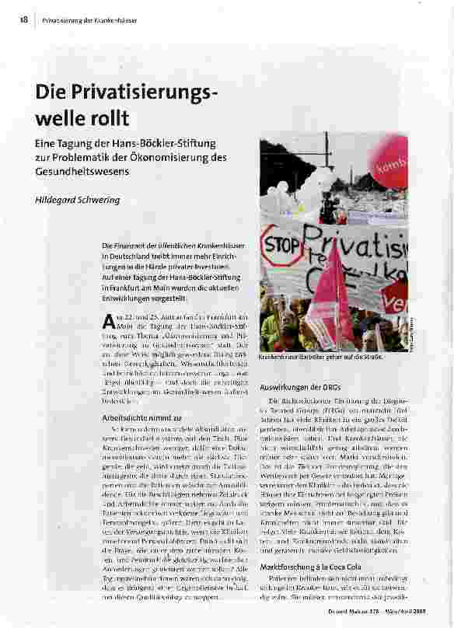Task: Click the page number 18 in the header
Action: coord(24,19)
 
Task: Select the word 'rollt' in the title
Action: coord(110,118)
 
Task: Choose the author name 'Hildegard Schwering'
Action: coord(77,200)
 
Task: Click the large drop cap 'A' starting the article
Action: coord(109,320)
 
